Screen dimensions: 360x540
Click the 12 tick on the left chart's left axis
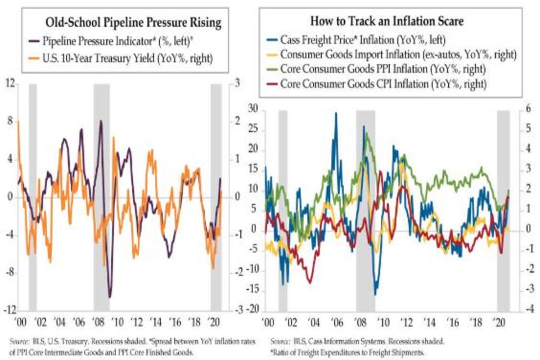point(9,84)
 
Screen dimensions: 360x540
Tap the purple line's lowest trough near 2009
point(110,297)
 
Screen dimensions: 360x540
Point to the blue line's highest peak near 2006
point(335,113)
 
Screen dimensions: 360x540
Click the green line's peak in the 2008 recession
point(367,133)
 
